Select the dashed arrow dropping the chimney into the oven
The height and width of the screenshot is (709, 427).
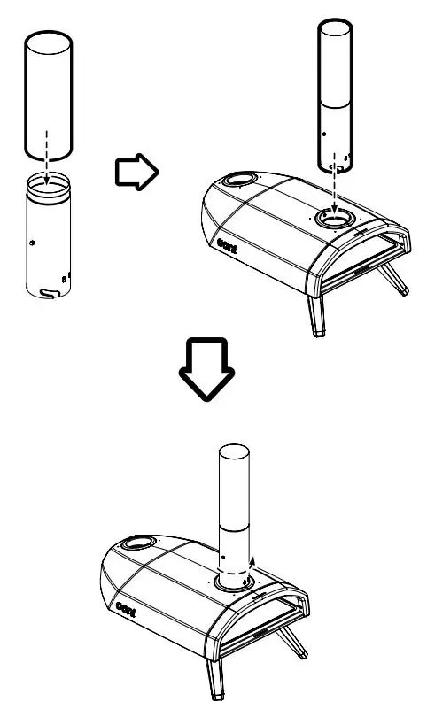[x=335, y=190]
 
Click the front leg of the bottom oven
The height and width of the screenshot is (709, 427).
[x=215, y=682]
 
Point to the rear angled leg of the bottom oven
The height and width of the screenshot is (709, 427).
[x=296, y=642]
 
